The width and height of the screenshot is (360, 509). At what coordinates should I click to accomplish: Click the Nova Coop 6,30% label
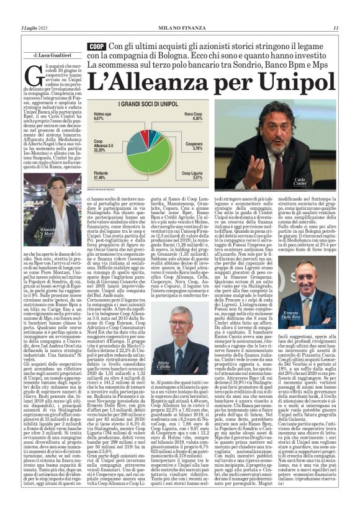193,116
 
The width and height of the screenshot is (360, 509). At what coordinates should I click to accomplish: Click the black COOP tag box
96,47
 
